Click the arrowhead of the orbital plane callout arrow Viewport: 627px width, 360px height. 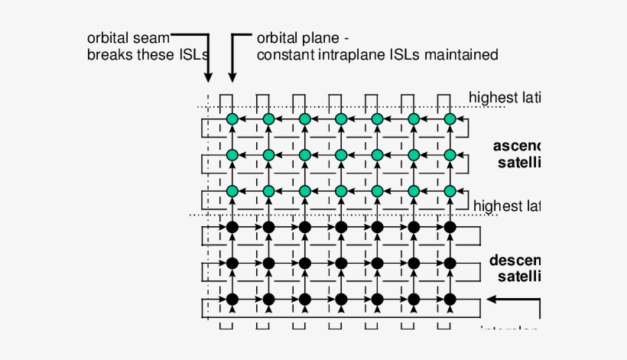232,78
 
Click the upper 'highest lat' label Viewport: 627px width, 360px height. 505,97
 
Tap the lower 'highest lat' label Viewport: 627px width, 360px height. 507,206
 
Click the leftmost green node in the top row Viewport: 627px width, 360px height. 232,119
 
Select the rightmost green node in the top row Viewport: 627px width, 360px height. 450,119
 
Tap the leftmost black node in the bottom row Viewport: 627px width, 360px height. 232,299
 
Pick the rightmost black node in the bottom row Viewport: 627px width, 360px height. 450,299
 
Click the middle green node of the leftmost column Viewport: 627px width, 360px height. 232,155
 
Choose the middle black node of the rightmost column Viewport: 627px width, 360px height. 450,263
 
